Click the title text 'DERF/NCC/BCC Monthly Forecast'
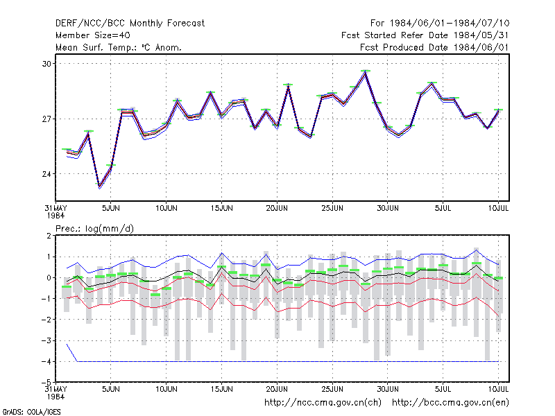(130, 24)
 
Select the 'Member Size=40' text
(93, 35)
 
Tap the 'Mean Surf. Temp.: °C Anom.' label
(119, 47)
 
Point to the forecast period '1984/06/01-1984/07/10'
(450, 24)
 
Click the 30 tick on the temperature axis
(46, 64)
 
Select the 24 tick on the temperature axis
(46, 174)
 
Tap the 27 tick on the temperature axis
(46, 119)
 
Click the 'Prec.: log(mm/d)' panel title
(94, 229)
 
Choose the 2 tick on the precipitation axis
(49, 236)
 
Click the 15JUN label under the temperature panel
(221, 209)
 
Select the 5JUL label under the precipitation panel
(443, 389)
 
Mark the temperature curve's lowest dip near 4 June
(99, 187)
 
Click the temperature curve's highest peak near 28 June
(366, 72)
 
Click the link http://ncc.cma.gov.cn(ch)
(323, 403)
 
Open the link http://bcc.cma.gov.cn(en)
(450, 403)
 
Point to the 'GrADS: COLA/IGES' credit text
(31, 412)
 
